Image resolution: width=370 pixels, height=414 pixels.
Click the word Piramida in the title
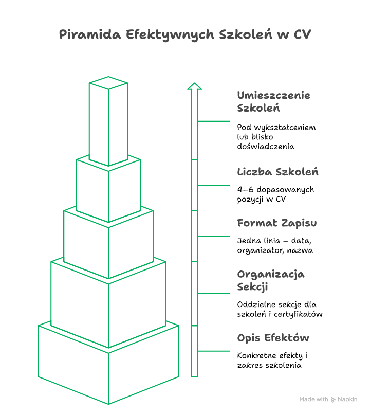point(90,34)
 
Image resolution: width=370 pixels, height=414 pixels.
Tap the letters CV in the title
point(303,34)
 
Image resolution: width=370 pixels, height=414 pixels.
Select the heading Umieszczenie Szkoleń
point(274,102)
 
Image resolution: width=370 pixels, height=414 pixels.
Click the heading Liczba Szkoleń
point(277,172)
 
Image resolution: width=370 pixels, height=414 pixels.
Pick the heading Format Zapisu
point(277,223)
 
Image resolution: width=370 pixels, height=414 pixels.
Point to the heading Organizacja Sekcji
point(271,280)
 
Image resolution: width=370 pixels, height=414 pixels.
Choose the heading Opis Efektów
point(273,338)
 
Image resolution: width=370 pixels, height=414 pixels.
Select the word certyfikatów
point(298,314)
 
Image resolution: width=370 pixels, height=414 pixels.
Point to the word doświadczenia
point(266,146)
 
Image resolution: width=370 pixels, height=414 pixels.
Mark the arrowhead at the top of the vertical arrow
point(194,86)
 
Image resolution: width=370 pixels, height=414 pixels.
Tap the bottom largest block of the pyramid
point(108,375)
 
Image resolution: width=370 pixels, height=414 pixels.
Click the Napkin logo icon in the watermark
point(333,399)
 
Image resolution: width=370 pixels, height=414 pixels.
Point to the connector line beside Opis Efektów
point(214,351)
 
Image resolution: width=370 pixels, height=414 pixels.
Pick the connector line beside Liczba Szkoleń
point(214,185)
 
